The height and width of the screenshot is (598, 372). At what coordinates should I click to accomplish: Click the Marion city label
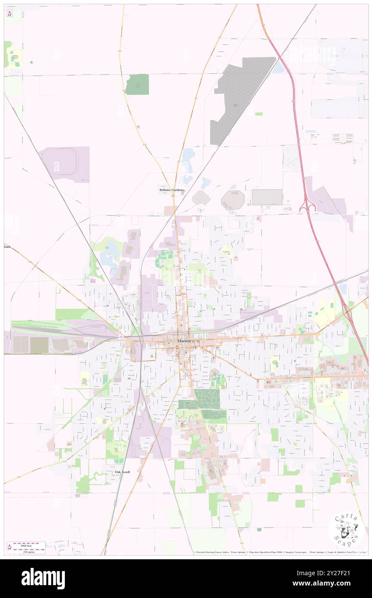[x=184, y=341]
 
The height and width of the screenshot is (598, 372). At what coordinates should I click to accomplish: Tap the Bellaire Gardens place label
[x=171, y=190]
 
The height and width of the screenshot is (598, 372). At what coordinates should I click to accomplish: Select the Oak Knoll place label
[x=122, y=472]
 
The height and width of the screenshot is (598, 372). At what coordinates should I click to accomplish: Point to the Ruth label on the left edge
[x=7, y=247]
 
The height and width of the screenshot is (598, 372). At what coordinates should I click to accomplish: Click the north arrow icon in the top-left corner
[x=9, y=14]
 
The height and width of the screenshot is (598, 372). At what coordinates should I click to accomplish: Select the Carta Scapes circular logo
[x=346, y=530]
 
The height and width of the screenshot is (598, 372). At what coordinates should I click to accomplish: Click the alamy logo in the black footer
[x=43, y=578]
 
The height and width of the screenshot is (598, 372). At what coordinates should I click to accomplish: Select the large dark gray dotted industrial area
[x=241, y=99]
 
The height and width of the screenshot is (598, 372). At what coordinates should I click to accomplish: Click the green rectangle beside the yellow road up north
[x=137, y=84]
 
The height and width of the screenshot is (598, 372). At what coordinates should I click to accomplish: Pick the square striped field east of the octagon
[x=267, y=197]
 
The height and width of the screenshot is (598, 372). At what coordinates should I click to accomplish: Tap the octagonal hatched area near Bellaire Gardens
[x=233, y=200]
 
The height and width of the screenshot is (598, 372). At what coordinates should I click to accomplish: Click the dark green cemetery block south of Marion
[x=207, y=399]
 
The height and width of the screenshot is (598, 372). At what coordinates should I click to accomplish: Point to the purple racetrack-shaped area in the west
[x=64, y=163]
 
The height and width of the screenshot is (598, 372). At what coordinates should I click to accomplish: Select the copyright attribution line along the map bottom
[x=279, y=552]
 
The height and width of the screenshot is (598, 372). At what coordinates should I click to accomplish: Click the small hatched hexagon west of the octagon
[x=201, y=198]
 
